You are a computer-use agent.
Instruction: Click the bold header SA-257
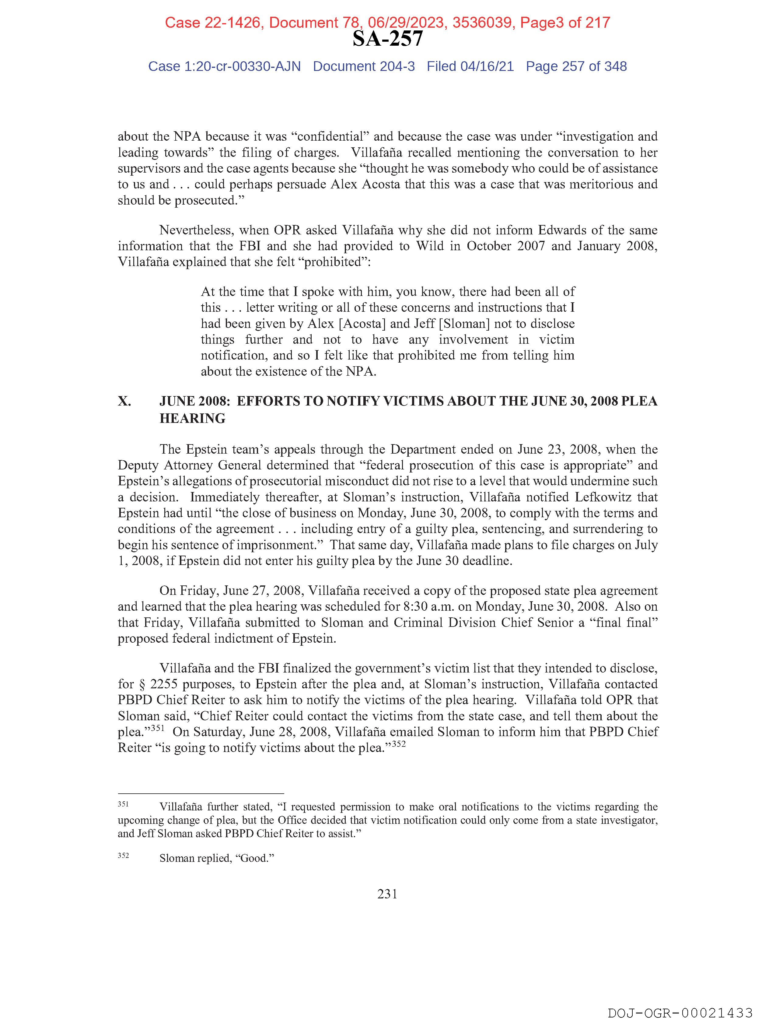click(x=387, y=39)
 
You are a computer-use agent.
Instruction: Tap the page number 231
click(x=387, y=894)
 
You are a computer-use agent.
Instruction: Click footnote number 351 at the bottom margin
click(x=123, y=804)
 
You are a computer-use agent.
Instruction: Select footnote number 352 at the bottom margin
click(x=123, y=856)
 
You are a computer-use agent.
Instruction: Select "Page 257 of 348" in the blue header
click(x=576, y=67)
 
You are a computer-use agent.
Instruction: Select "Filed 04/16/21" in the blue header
click(x=470, y=67)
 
